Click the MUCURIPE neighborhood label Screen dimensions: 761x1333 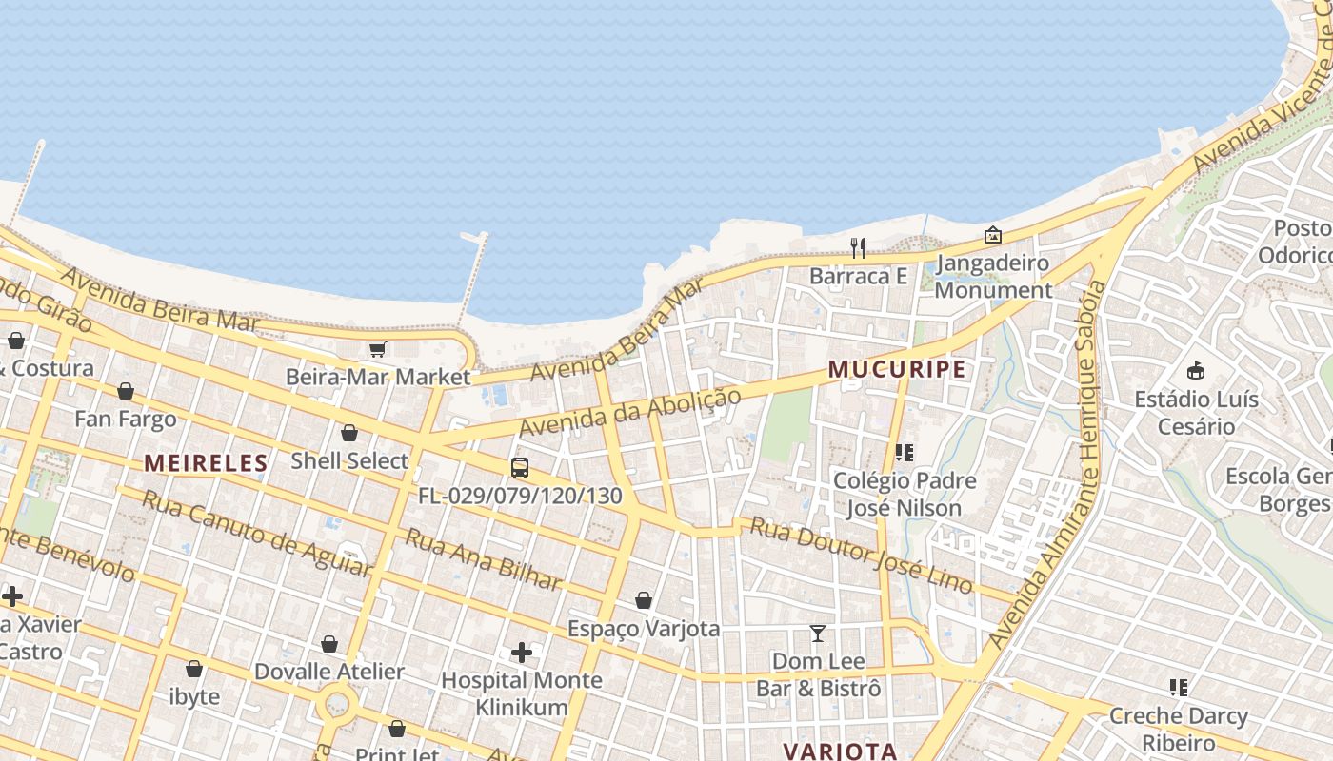[x=897, y=369]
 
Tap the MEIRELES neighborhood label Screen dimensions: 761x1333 [x=206, y=463]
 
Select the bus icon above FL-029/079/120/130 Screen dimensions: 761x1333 [x=520, y=468]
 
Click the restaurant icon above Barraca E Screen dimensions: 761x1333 [x=858, y=248]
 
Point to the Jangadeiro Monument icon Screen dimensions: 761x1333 [x=993, y=234]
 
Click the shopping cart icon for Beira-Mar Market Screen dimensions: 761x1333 [x=378, y=349]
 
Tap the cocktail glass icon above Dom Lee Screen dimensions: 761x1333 [x=818, y=633]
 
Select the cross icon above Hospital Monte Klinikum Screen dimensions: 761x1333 [x=522, y=653]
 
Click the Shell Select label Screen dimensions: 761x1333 [x=349, y=460]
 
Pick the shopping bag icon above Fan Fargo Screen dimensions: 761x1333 [x=126, y=391]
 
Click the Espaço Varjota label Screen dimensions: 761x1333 [x=644, y=629]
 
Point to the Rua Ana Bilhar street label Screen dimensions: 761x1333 [x=484, y=558]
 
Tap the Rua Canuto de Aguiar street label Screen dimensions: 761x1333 [x=256, y=534]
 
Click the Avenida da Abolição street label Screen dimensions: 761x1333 [x=629, y=414]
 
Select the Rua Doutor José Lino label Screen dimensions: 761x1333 [x=862, y=555]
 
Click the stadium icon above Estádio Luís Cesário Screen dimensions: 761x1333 [x=1196, y=371]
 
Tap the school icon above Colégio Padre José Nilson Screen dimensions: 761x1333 [x=904, y=453]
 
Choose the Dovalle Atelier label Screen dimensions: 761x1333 [x=328, y=672]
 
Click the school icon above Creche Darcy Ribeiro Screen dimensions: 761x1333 [x=1179, y=688]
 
